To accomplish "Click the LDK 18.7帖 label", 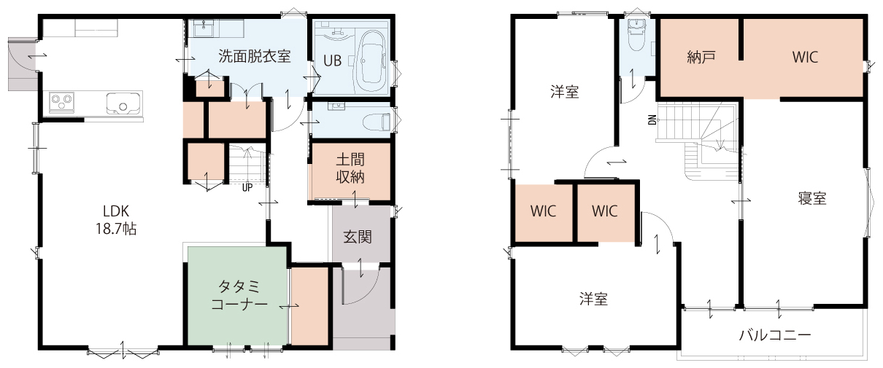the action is (116, 219).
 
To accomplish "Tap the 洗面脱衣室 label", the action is (255, 56).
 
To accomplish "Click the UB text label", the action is (332, 60).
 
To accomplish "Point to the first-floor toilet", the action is (376, 121).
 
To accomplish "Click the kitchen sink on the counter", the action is (123, 103).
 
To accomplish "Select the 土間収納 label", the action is (350, 168).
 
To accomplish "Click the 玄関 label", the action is (357, 237).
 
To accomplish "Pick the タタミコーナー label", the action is (239, 295).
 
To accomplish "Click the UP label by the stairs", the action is (247, 187).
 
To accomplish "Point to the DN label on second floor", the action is (652, 120).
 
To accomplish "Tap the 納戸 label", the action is (701, 58).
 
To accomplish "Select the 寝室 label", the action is (812, 198).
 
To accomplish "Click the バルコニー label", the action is (775, 335).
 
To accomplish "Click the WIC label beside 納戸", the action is (805, 58).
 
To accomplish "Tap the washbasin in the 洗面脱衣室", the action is (204, 28).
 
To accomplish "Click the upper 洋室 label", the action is (565, 92).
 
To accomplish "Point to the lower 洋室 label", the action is (593, 299).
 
